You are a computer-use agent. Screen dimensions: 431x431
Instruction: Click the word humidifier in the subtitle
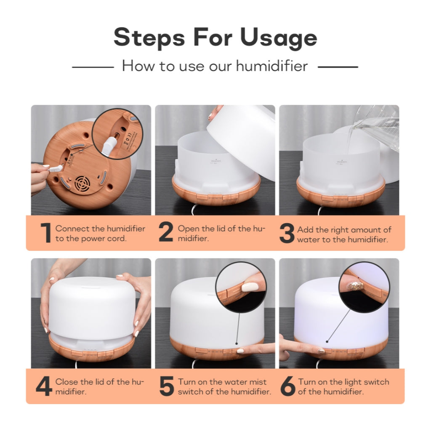click(x=272, y=66)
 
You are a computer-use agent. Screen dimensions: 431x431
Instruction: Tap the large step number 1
click(x=46, y=233)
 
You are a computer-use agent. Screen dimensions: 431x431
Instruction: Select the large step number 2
click(x=166, y=232)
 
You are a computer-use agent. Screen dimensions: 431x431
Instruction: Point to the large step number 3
click(x=287, y=233)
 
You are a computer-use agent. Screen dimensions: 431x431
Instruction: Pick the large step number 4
click(x=44, y=386)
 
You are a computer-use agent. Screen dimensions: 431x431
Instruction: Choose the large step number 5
click(x=167, y=386)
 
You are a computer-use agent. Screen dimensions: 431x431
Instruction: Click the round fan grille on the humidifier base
click(x=83, y=185)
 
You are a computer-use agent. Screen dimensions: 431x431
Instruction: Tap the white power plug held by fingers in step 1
click(x=56, y=168)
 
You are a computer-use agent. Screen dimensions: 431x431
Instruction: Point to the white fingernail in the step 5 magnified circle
click(x=250, y=287)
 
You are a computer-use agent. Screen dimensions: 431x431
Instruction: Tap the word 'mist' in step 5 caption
click(x=256, y=382)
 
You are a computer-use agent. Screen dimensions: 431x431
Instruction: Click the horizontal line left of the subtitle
click(x=93, y=67)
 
